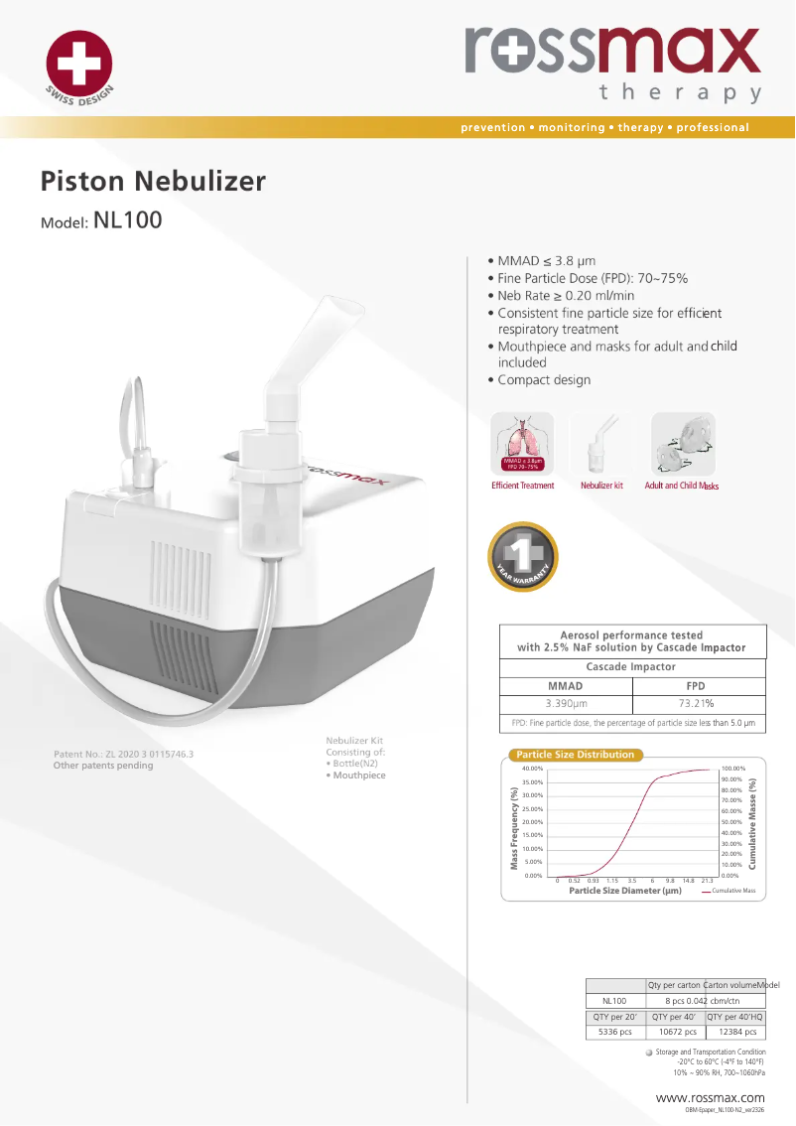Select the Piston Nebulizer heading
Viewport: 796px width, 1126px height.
pyautogui.click(x=153, y=182)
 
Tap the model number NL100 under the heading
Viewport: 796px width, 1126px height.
pyautogui.click(x=127, y=219)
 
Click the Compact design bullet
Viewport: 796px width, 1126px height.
pyautogui.click(x=544, y=380)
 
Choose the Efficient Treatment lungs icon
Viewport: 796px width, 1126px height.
pyautogui.click(x=523, y=444)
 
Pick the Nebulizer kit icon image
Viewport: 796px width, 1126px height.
pyautogui.click(x=601, y=444)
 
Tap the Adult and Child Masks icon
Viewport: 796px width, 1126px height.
pyautogui.click(x=682, y=444)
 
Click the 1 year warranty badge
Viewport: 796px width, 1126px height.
pyautogui.click(x=523, y=557)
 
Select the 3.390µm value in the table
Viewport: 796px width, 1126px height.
pyautogui.click(x=566, y=703)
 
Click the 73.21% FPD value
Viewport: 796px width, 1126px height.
pyautogui.click(x=696, y=703)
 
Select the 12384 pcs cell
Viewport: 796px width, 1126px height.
pyautogui.click(x=735, y=1032)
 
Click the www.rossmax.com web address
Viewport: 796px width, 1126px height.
pyautogui.click(x=711, y=1097)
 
